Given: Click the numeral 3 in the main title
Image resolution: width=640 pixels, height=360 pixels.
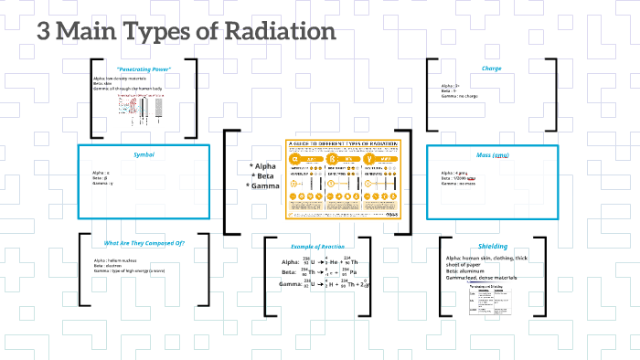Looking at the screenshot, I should (x=43, y=31).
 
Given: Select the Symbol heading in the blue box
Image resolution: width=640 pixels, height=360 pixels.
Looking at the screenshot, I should (x=144, y=154).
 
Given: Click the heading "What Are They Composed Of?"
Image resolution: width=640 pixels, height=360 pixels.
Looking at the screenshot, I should (x=144, y=243).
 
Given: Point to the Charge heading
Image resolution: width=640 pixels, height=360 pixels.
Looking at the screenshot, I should (x=492, y=69).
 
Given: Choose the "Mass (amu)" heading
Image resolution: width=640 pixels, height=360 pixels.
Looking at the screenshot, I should (x=492, y=154).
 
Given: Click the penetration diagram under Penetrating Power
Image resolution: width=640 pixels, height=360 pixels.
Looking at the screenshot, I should (x=138, y=111).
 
